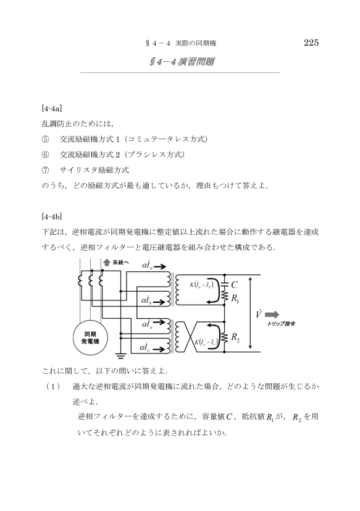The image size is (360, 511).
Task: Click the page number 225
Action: [311, 43]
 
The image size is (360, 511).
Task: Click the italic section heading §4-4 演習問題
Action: [182, 62]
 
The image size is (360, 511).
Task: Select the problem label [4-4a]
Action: [52, 108]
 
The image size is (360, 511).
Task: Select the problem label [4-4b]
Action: [52, 216]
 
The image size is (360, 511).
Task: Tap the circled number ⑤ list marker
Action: [45, 140]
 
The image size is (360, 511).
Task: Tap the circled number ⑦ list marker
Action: [45, 171]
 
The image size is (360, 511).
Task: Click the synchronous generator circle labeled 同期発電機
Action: [90, 338]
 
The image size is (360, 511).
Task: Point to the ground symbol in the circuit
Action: [121, 356]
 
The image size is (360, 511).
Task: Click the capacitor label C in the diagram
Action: [234, 285]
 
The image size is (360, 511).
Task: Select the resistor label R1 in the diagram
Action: [235, 298]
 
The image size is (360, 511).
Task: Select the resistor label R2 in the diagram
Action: [235, 337]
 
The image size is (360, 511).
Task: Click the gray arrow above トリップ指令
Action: [272, 315]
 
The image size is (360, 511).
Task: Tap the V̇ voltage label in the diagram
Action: [258, 314]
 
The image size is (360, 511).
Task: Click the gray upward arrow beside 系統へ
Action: [107, 263]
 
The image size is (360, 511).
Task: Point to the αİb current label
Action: [146, 300]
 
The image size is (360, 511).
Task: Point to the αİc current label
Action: [145, 347]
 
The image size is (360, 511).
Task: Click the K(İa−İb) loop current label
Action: [201, 284]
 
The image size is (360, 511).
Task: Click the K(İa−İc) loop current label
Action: [206, 342]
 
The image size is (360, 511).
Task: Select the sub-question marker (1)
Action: [53, 387]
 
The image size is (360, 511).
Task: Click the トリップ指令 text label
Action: [281, 324]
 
